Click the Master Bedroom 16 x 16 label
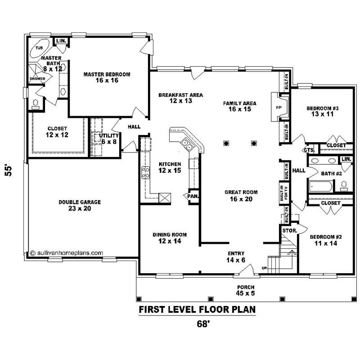[x=107, y=77]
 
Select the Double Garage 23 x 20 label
[x=80, y=205]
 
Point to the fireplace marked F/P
[x=278, y=107]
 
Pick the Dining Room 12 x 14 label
[x=170, y=238]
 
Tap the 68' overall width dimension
[x=203, y=324]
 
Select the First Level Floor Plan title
[x=197, y=310]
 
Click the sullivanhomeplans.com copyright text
[x=66, y=253]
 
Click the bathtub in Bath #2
[x=321, y=186]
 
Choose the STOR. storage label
[x=288, y=230]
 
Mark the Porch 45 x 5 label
[x=246, y=290]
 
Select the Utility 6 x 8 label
[x=109, y=138]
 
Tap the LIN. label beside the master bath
[x=61, y=41]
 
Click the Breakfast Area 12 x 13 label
[x=180, y=98]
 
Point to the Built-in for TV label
[x=287, y=192]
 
